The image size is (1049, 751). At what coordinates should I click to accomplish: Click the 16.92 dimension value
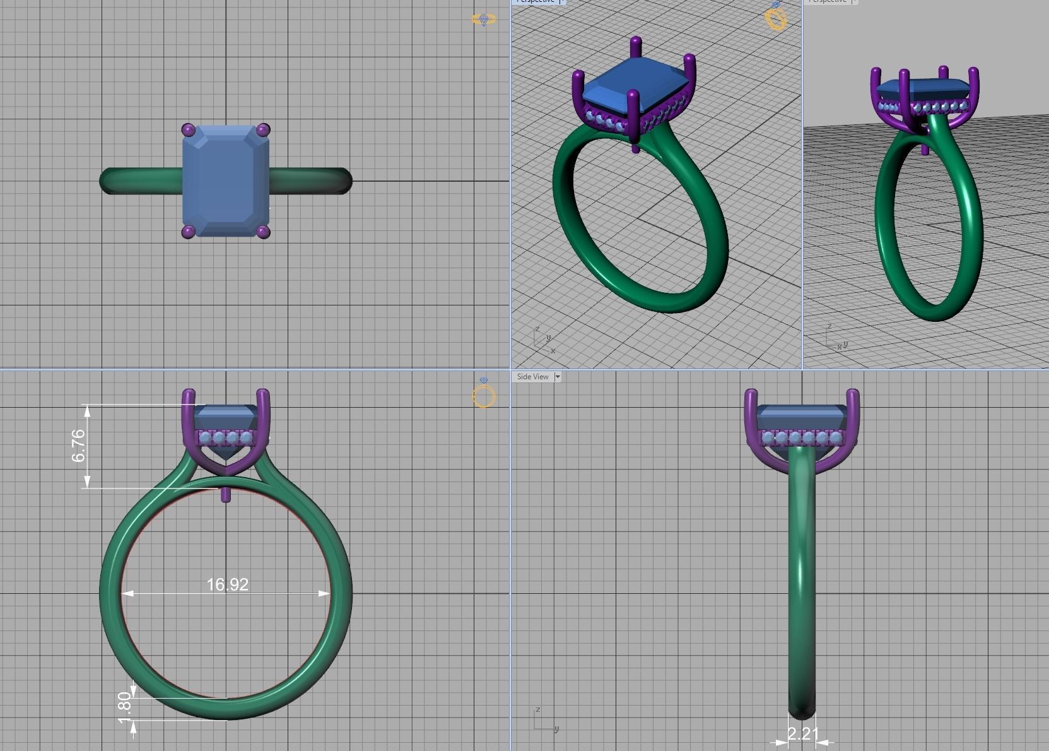pos(227,584)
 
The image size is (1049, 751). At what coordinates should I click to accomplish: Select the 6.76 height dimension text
pos(78,446)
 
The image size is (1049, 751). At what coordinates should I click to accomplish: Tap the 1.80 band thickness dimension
pos(124,707)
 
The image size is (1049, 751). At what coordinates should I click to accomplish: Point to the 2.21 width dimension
pos(802,733)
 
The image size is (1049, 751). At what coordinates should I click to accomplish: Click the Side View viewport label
pos(532,377)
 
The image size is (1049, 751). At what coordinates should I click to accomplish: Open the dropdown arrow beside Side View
pos(558,377)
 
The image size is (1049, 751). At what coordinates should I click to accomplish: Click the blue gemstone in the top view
pos(226,181)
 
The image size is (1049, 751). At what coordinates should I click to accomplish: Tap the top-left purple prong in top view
pos(188,130)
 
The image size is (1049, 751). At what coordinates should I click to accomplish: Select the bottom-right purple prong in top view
pos(264,232)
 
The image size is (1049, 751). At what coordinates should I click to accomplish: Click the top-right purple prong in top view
pos(264,130)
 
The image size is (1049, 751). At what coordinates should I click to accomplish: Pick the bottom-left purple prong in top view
pos(188,232)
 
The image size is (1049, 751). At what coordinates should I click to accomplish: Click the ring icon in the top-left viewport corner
pos(483,20)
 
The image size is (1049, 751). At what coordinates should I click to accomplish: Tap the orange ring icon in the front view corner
pos(484,394)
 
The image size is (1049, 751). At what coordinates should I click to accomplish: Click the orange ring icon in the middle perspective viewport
pos(776,17)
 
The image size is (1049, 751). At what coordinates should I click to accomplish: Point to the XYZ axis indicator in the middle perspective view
pos(543,340)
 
